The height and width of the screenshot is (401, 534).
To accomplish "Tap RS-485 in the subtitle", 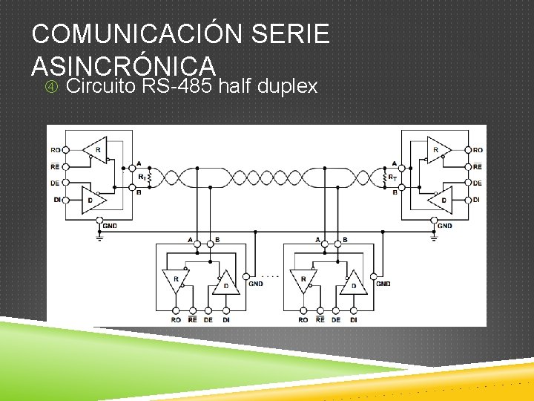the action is tap(178, 87).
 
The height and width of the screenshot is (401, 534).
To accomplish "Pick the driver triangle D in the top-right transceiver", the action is tap(443, 200).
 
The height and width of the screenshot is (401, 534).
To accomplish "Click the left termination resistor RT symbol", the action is tap(150, 178).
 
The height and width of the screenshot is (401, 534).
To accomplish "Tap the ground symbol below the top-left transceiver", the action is tap(99, 237).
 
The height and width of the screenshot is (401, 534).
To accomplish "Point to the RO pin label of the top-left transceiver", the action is tap(56, 150).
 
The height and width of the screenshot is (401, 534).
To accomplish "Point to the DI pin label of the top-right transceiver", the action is tap(477, 200).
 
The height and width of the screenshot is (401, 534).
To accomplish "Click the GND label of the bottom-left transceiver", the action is tap(256, 283).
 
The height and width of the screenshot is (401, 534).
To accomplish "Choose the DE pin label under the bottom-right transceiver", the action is tap(336, 320).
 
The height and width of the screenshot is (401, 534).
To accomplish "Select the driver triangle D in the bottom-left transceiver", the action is tap(228, 284).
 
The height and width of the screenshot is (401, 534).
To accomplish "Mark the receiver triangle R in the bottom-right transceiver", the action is tap(302, 281).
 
